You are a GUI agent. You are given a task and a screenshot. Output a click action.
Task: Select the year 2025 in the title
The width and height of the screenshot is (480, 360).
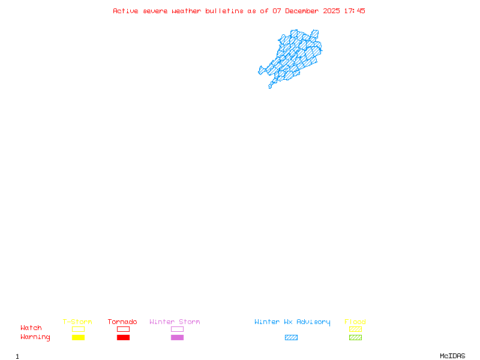pos(332,11)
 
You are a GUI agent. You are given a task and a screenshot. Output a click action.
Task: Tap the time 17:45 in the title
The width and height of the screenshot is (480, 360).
pos(355,11)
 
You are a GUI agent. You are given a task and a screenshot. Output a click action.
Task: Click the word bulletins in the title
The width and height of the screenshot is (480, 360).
pos(224,11)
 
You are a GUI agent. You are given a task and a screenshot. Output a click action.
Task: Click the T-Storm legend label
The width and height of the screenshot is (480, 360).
pos(77,322)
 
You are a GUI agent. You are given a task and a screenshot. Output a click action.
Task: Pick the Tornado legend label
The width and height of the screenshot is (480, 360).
pos(122,322)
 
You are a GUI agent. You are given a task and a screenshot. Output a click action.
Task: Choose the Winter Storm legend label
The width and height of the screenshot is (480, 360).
pos(175,322)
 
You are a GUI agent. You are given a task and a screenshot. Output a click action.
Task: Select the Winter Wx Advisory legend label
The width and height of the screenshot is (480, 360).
pos(292,322)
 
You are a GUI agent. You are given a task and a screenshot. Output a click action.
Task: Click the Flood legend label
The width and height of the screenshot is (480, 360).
pos(355,322)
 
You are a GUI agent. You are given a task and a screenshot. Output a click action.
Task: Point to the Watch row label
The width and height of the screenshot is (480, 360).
pos(31,328)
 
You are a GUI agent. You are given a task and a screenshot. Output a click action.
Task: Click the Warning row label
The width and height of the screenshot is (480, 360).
pos(35,337)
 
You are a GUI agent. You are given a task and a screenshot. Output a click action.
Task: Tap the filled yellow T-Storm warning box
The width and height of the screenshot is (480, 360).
pos(78,338)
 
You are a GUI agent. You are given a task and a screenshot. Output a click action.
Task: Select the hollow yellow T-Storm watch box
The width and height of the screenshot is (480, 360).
pos(78,329)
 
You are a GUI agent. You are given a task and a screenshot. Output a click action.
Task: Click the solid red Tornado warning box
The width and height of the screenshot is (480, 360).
pos(123,338)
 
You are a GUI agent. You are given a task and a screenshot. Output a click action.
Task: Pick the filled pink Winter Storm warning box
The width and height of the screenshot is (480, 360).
pos(177,338)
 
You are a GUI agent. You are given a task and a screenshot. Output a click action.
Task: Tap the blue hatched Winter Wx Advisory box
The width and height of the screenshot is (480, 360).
pos(291,338)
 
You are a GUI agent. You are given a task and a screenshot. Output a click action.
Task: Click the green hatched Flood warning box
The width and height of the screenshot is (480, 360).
pos(355,338)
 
